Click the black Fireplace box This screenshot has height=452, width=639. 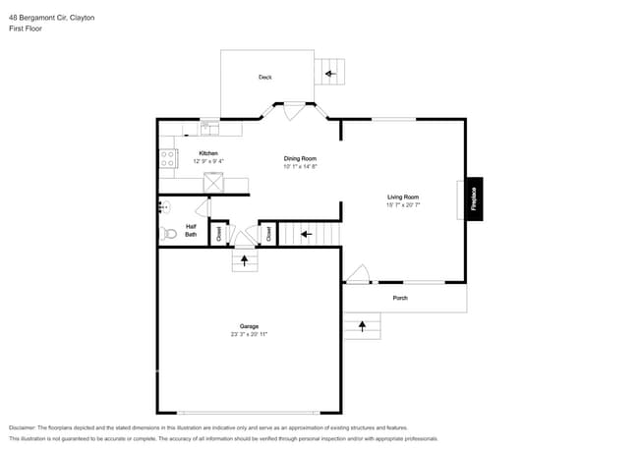pyautogui.click(x=473, y=199)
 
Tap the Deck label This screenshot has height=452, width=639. pyautogui.click(x=264, y=77)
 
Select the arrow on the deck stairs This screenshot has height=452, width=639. pyautogui.click(x=330, y=72)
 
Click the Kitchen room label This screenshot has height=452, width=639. pyautogui.click(x=208, y=153)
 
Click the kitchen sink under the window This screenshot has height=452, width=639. pyautogui.click(x=209, y=128)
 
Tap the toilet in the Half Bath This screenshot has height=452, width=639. pyautogui.click(x=167, y=234)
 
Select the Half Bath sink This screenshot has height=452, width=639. pyautogui.click(x=163, y=206)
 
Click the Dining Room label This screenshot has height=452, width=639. pyautogui.click(x=300, y=158)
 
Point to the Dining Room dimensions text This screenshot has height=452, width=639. pyautogui.click(x=300, y=167)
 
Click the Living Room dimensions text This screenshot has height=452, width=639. pyautogui.click(x=403, y=205)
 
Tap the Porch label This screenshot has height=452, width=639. pyautogui.click(x=400, y=298)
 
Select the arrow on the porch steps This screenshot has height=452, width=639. pyautogui.click(x=363, y=324)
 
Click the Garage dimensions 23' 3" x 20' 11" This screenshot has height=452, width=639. pyautogui.click(x=249, y=334)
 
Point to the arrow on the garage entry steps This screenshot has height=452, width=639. pyautogui.click(x=245, y=261)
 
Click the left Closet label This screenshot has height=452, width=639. pyautogui.click(x=219, y=234)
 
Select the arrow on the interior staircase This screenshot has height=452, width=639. pyautogui.click(x=306, y=234)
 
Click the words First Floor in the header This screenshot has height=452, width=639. pyautogui.click(x=26, y=28)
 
